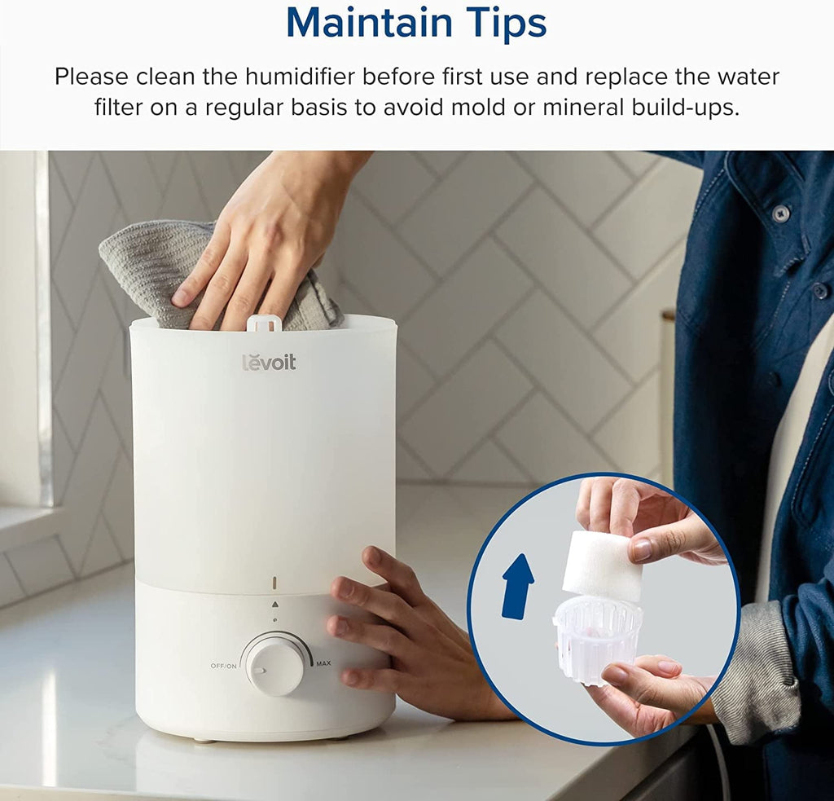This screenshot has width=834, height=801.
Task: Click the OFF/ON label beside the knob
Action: (223, 666)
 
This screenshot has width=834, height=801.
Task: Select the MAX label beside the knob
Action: (323, 663)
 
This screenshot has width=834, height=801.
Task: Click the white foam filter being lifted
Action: (603, 566)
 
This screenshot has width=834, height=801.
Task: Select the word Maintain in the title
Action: (369, 23)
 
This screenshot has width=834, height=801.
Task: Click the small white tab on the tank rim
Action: (264, 322)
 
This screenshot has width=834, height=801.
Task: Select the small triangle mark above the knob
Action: (274, 604)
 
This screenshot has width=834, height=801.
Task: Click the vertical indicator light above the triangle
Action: (274, 583)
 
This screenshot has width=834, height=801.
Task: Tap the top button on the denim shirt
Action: (780, 213)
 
